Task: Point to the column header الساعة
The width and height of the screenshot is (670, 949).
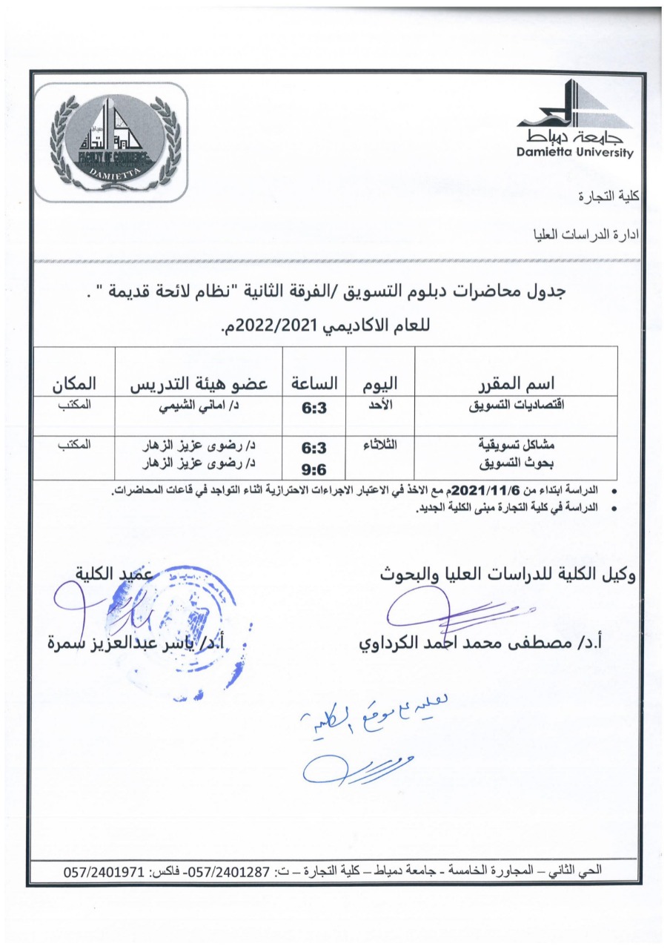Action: pyautogui.click(x=314, y=383)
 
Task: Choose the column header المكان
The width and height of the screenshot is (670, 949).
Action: pyautogui.click(x=75, y=383)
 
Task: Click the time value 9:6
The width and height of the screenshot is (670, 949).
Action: pyautogui.click(x=314, y=469)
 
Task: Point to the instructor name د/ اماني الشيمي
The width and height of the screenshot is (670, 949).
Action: pyautogui.click(x=198, y=407)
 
